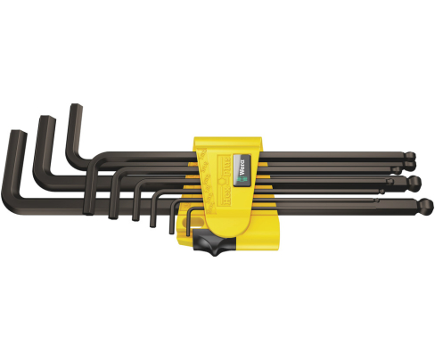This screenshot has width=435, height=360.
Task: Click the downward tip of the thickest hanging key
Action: (113, 213)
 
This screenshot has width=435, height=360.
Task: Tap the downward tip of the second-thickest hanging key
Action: (135, 216)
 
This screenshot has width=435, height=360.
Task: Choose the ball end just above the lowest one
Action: (412, 182)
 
